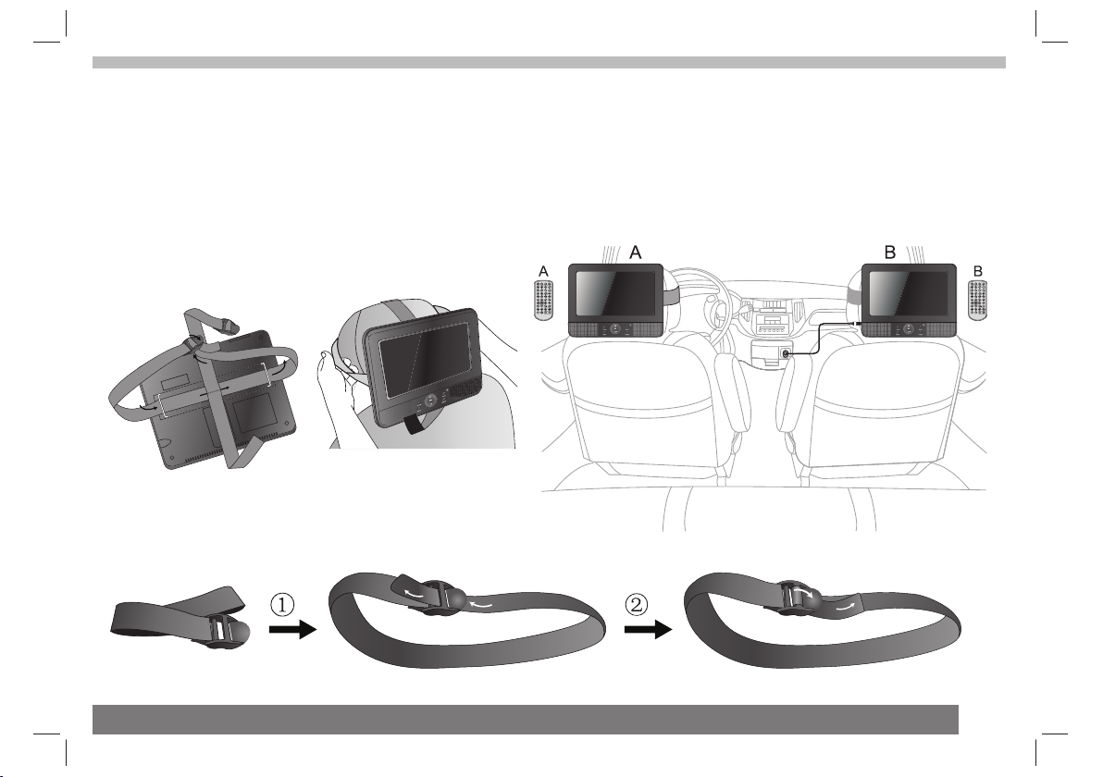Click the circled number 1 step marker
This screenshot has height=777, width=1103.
coord(282,605)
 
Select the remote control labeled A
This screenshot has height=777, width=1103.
coord(544,301)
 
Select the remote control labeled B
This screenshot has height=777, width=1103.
coord(979,301)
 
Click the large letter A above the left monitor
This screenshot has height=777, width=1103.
coord(635,252)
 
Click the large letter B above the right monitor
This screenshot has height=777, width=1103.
coord(890,252)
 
